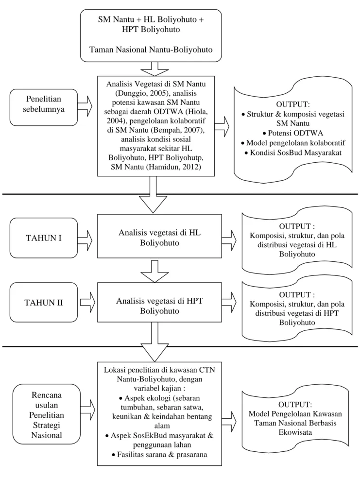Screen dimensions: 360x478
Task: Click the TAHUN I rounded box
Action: [44, 238]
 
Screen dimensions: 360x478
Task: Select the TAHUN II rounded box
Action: [44, 302]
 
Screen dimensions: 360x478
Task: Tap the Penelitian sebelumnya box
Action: [44, 107]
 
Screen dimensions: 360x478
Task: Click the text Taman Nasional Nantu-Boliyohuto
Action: [151, 50]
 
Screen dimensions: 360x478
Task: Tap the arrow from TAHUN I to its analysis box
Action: [85, 240]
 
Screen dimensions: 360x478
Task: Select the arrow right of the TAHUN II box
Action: [87, 302]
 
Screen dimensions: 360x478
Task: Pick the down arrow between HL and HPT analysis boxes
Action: [154, 272]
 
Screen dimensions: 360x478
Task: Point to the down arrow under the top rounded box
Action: [154, 69]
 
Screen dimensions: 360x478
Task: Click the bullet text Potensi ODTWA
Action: [292, 133]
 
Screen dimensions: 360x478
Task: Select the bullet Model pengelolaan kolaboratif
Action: [292, 143]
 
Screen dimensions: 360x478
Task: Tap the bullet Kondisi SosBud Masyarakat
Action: [293, 153]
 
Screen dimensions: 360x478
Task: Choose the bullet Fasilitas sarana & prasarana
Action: [159, 455]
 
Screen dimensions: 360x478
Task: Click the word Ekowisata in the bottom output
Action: [295, 432]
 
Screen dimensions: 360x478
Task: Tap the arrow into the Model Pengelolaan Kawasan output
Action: [229, 421]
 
